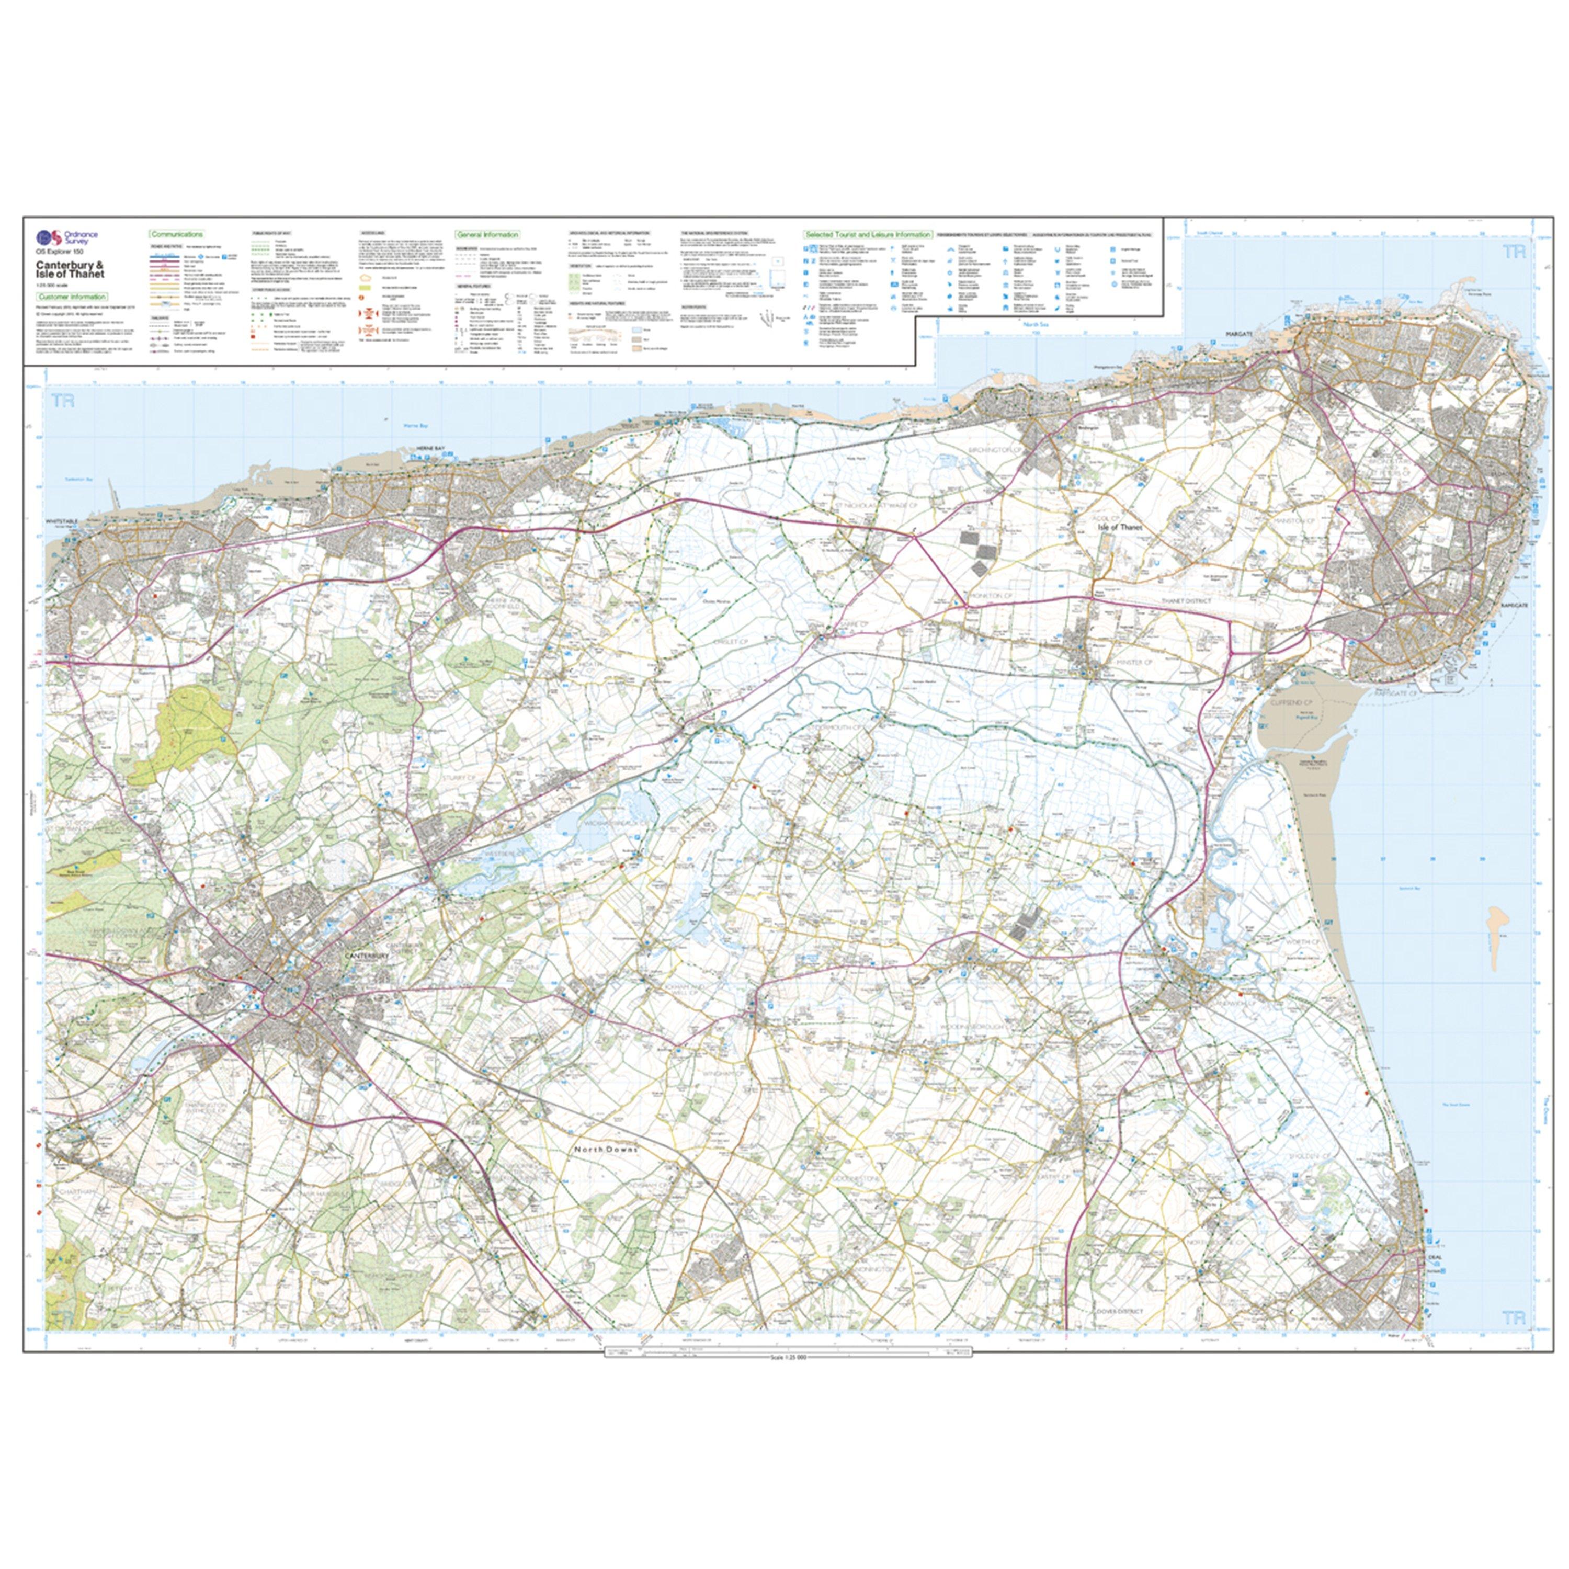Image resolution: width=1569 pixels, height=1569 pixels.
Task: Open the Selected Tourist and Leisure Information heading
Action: click(x=867, y=234)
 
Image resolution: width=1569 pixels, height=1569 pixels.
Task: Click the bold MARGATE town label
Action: click(x=1240, y=334)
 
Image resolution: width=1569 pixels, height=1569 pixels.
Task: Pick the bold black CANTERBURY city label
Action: click(x=368, y=957)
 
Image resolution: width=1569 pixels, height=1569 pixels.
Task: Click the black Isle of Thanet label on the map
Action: click(x=1119, y=527)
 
